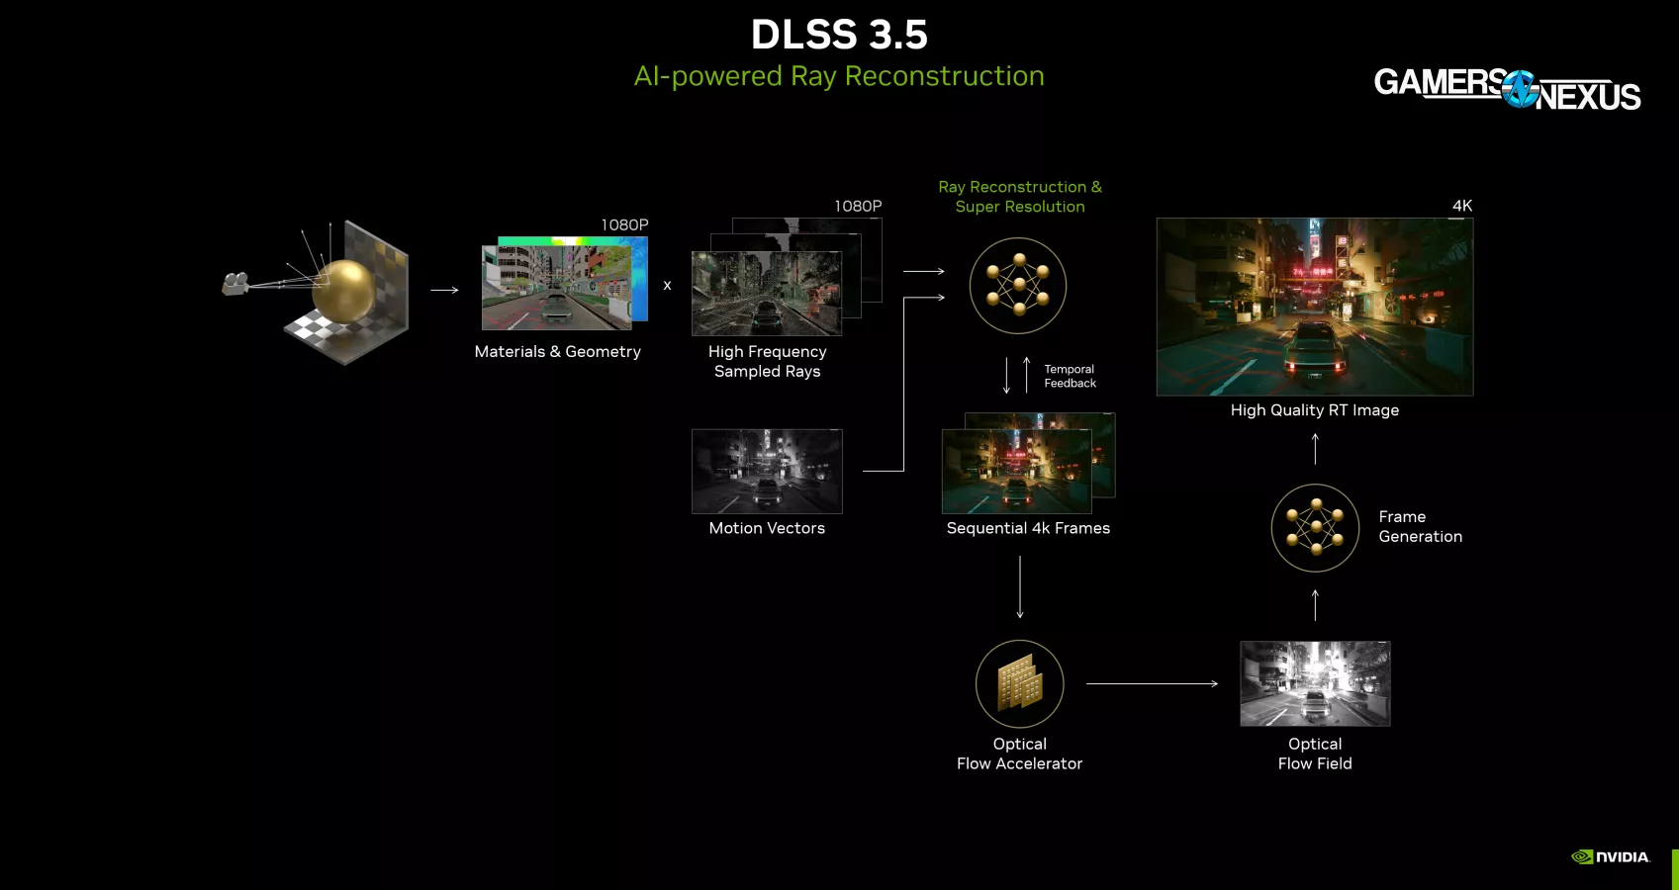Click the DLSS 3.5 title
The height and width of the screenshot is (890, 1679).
(839, 35)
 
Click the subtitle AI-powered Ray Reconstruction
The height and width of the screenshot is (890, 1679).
(839, 76)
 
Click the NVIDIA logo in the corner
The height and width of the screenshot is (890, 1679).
(1611, 857)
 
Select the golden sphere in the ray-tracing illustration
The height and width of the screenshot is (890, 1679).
(343, 288)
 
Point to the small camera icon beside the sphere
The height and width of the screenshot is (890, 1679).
(234, 285)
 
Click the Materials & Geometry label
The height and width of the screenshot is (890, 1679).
(557, 352)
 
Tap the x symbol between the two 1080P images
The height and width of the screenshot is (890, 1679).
(667, 286)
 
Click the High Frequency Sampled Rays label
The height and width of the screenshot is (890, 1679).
(767, 361)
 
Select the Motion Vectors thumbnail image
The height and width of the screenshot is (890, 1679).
(767, 472)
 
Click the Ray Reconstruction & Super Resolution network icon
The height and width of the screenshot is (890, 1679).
(1018, 286)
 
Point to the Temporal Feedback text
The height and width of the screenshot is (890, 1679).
(1070, 376)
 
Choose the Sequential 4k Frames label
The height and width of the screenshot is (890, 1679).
(1028, 528)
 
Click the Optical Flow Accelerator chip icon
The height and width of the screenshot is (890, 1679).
(1020, 684)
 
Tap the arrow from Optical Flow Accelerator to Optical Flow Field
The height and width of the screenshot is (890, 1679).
(1153, 683)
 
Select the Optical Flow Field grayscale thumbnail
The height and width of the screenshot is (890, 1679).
(1315, 683)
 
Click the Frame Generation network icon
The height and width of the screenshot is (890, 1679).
(1315, 528)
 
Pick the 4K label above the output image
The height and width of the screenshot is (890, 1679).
(1462, 206)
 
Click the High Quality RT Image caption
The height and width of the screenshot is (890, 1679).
(1315, 410)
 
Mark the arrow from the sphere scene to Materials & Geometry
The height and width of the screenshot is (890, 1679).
(445, 290)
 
